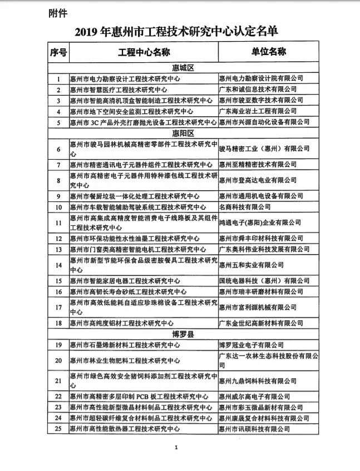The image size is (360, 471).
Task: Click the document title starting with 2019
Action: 180,32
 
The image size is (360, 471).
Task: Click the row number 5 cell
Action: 58,122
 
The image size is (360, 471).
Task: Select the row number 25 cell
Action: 58,429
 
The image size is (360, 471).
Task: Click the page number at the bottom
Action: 176,447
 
